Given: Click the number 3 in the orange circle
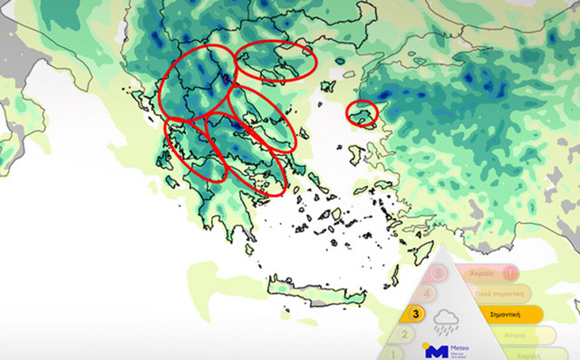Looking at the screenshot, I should coord(416,315).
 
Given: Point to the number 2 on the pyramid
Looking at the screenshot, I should coord(405,335).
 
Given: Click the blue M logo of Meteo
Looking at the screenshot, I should coord(436,351).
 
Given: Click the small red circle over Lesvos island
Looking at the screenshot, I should coord(362,112).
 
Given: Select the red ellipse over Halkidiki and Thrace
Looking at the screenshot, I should coord(276,61).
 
